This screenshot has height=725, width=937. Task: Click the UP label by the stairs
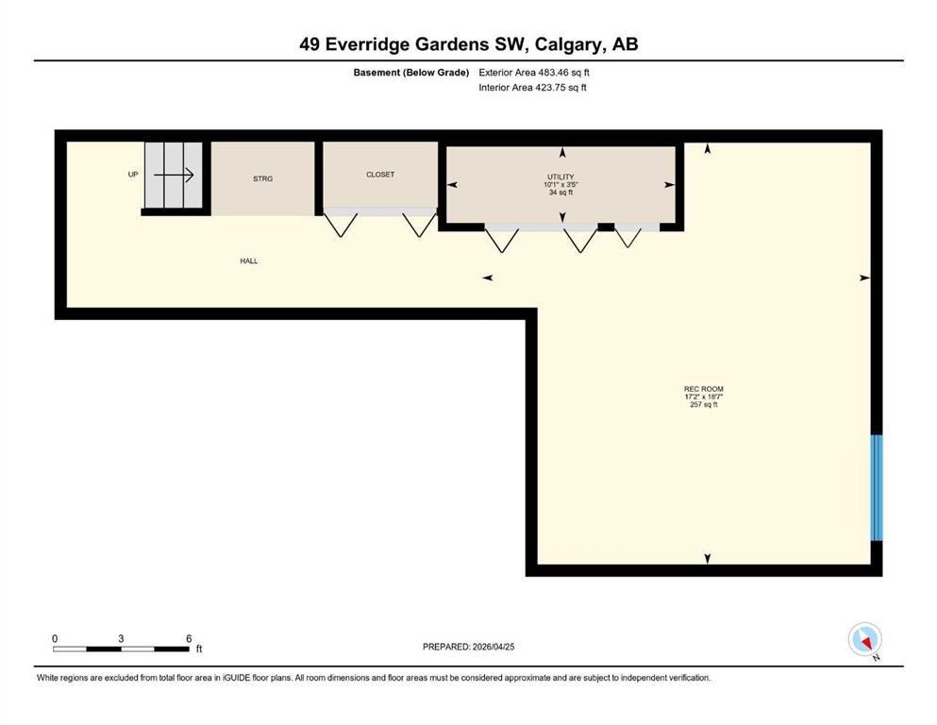tap(133, 175)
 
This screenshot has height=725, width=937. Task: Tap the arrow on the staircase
tap(174, 176)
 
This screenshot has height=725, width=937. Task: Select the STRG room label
tap(263, 178)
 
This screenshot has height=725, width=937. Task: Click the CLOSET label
tap(380, 175)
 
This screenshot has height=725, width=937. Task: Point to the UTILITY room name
tap(561, 177)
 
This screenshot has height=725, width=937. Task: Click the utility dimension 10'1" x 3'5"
tap(561, 185)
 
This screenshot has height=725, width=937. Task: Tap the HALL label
tap(249, 261)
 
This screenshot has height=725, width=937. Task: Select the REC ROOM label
tap(704, 389)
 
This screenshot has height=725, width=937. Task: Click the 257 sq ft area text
tap(704, 405)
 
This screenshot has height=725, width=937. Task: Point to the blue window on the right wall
tap(876, 488)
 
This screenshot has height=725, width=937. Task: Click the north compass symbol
tap(864, 639)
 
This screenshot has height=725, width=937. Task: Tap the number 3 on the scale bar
tap(121, 638)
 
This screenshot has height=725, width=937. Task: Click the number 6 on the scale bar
tap(189, 638)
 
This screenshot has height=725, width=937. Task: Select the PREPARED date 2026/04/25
tap(494, 647)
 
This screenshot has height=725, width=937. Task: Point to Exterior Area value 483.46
tap(553, 73)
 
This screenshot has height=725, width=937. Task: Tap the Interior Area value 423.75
tap(550, 87)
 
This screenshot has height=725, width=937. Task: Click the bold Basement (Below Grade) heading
tap(411, 73)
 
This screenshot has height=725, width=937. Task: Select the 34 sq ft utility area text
tap(561, 193)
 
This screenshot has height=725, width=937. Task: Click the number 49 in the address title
tap(310, 44)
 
